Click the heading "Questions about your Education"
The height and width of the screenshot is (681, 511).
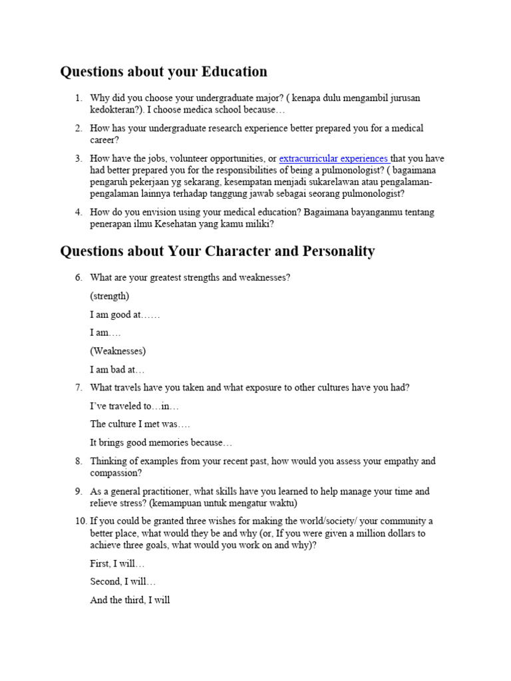164,72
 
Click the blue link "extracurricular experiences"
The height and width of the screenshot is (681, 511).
334,158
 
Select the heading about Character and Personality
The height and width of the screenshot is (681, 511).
218,251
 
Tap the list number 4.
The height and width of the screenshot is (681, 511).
79,212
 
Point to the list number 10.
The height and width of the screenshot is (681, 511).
77,520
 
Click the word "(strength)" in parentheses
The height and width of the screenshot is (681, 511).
110,296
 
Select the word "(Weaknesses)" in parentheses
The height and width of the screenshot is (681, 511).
118,351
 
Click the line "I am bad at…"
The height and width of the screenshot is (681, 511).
117,369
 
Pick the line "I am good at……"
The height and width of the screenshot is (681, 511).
125,315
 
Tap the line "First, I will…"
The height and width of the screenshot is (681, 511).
117,563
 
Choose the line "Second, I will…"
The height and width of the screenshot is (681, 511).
123,581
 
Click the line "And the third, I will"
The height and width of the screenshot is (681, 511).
130,600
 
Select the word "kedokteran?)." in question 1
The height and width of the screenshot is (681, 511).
117,110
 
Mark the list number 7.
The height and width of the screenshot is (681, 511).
79,388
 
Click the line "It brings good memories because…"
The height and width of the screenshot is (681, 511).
161,442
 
